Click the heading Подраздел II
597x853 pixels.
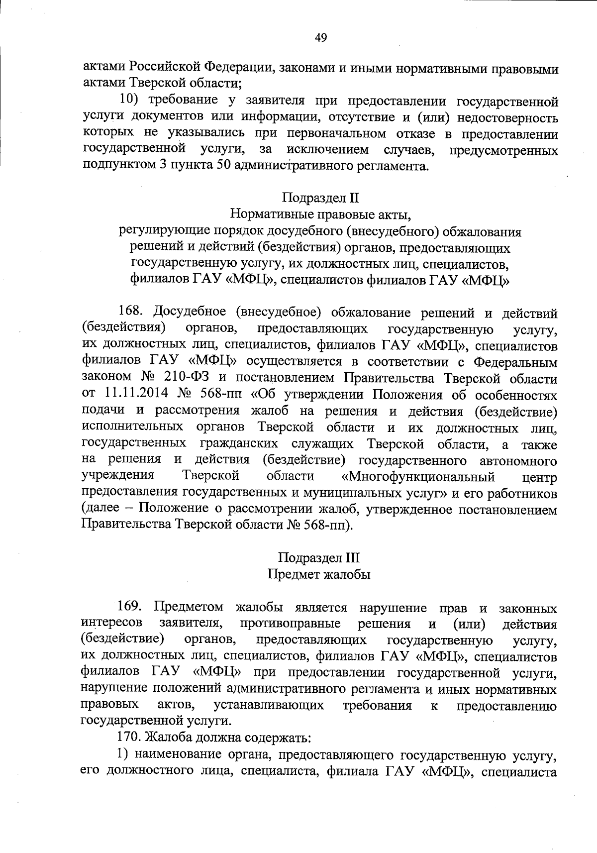pyautogui.click(x=320, y=198)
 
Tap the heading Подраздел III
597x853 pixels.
pyautogui.click(x=319, y=557)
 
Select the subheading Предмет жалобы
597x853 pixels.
pyautogui.click(x=319, y=574)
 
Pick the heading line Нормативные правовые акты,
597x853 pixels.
pyautogui.click(x=320, y=215)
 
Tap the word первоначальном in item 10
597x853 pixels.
pyautogui.click(x=324, y=133)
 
